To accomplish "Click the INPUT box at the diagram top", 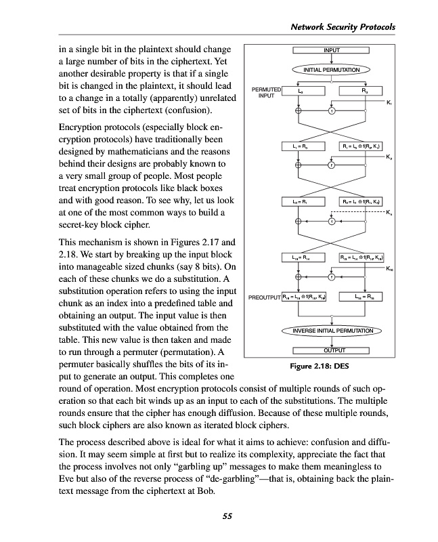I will pyautogui.click(x=331, y=50).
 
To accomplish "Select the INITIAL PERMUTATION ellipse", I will pyautogui.click(x=331, y=69).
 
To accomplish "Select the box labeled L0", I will pyautogui.click(x=300, y=90).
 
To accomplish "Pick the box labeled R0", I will pyautogui.click(x=364, y=90).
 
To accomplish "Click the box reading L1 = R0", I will pyautogui.click(x=300, y=146).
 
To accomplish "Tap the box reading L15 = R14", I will pyautogui.click(x=300, y=257).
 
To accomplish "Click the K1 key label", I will pyautogui.click(x=389, y=102).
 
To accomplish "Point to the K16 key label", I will pyautogui.click(x=389, y=269).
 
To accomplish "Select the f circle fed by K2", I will pyautogui.click(x=331, y=165).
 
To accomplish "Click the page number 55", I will pyautogui.click(x=227, y=517).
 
